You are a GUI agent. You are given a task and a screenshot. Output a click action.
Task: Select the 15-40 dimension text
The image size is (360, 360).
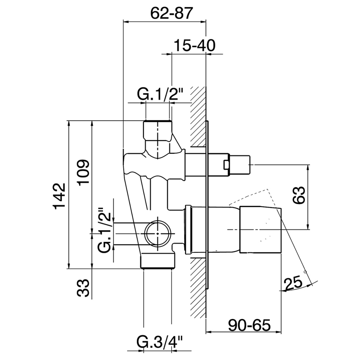[195, 45]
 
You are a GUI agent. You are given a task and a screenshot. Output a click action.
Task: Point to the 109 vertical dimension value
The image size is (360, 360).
[83, 172]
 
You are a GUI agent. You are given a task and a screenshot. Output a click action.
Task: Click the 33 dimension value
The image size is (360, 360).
[84, 288]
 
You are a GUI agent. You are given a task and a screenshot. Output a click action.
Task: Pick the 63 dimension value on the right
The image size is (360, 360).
[299, 195]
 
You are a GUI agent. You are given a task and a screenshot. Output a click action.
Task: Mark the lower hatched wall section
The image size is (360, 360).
[198, 288]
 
